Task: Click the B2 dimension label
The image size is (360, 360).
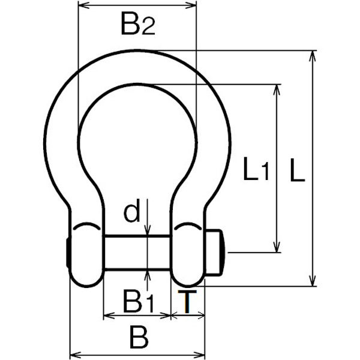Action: [x=138, y=23]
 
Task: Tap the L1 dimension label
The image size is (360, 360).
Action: [x=256, y=169]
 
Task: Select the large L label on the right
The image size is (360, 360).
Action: [x=298, y=170]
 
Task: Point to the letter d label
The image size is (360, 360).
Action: [x=132, y=211]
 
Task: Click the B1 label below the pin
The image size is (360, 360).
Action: [x=138, y=301]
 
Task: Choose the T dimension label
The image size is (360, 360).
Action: [x=187, y=301]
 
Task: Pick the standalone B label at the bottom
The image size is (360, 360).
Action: [x=139, y=337]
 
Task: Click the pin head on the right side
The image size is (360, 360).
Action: [x=215, y=252]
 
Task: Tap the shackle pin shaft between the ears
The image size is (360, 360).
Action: [x=137, y=252]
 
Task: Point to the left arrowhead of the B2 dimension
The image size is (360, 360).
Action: [x=83, y=5]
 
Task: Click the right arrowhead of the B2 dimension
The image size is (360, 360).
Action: [x=191, y=5]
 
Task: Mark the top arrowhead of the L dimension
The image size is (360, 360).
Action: [x=312, y=56]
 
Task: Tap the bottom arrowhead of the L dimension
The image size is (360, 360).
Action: [x=312, y=281]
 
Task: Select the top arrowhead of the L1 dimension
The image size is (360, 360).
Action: [x=277, y=90]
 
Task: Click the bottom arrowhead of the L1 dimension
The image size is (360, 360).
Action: [x=277, y=247]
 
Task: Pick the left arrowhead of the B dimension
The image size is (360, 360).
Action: [x=76, y=355]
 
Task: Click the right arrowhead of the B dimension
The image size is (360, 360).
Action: [x=199, y=355]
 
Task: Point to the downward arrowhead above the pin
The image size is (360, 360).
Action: [x=148, y=230]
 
